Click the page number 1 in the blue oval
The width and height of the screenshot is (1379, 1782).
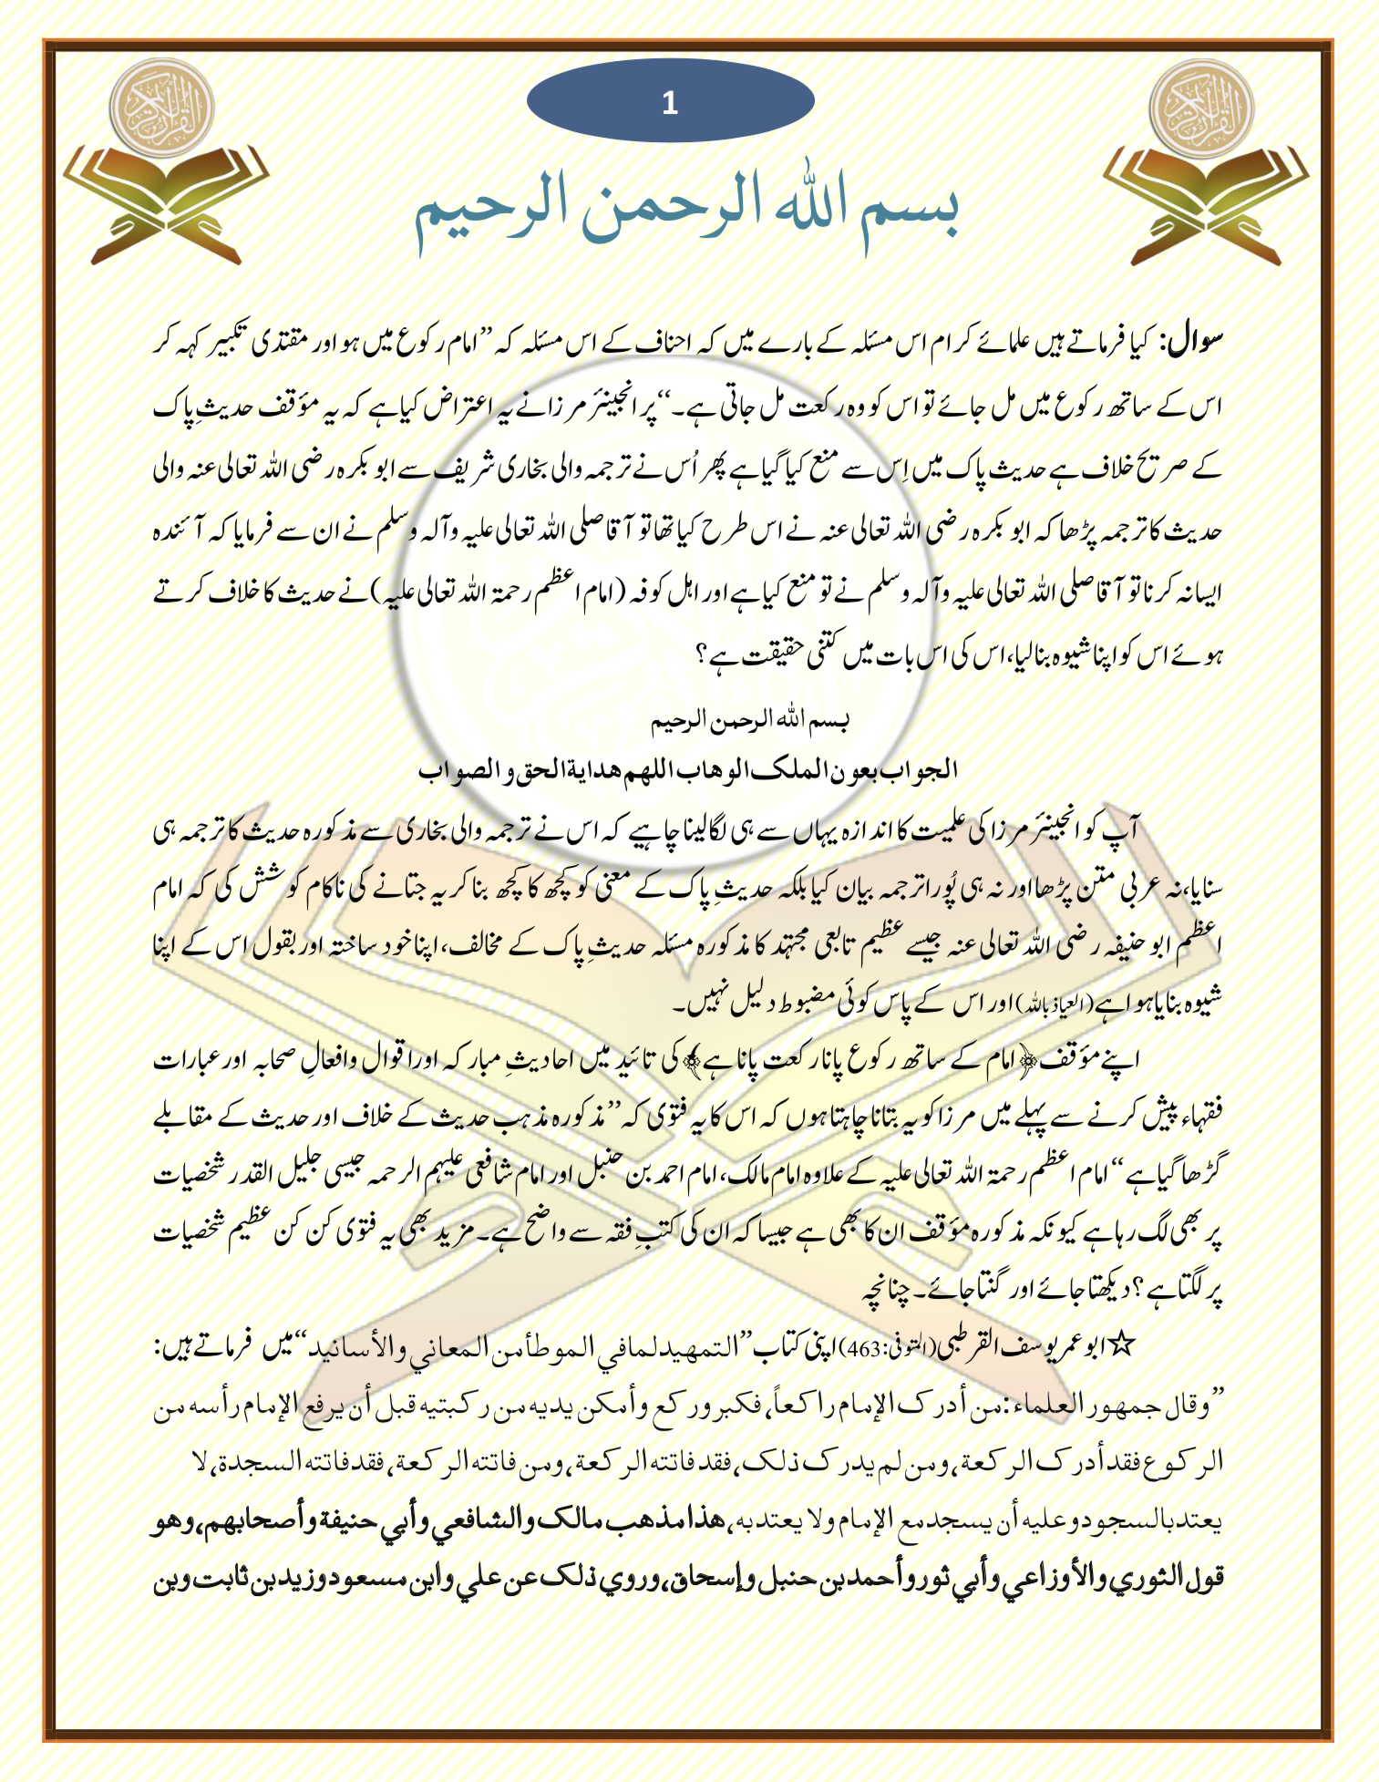(x=670, y=103)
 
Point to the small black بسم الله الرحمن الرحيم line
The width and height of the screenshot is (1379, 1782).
(x=750, y=722)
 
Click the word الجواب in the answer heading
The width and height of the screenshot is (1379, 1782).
(x=926, y=770)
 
